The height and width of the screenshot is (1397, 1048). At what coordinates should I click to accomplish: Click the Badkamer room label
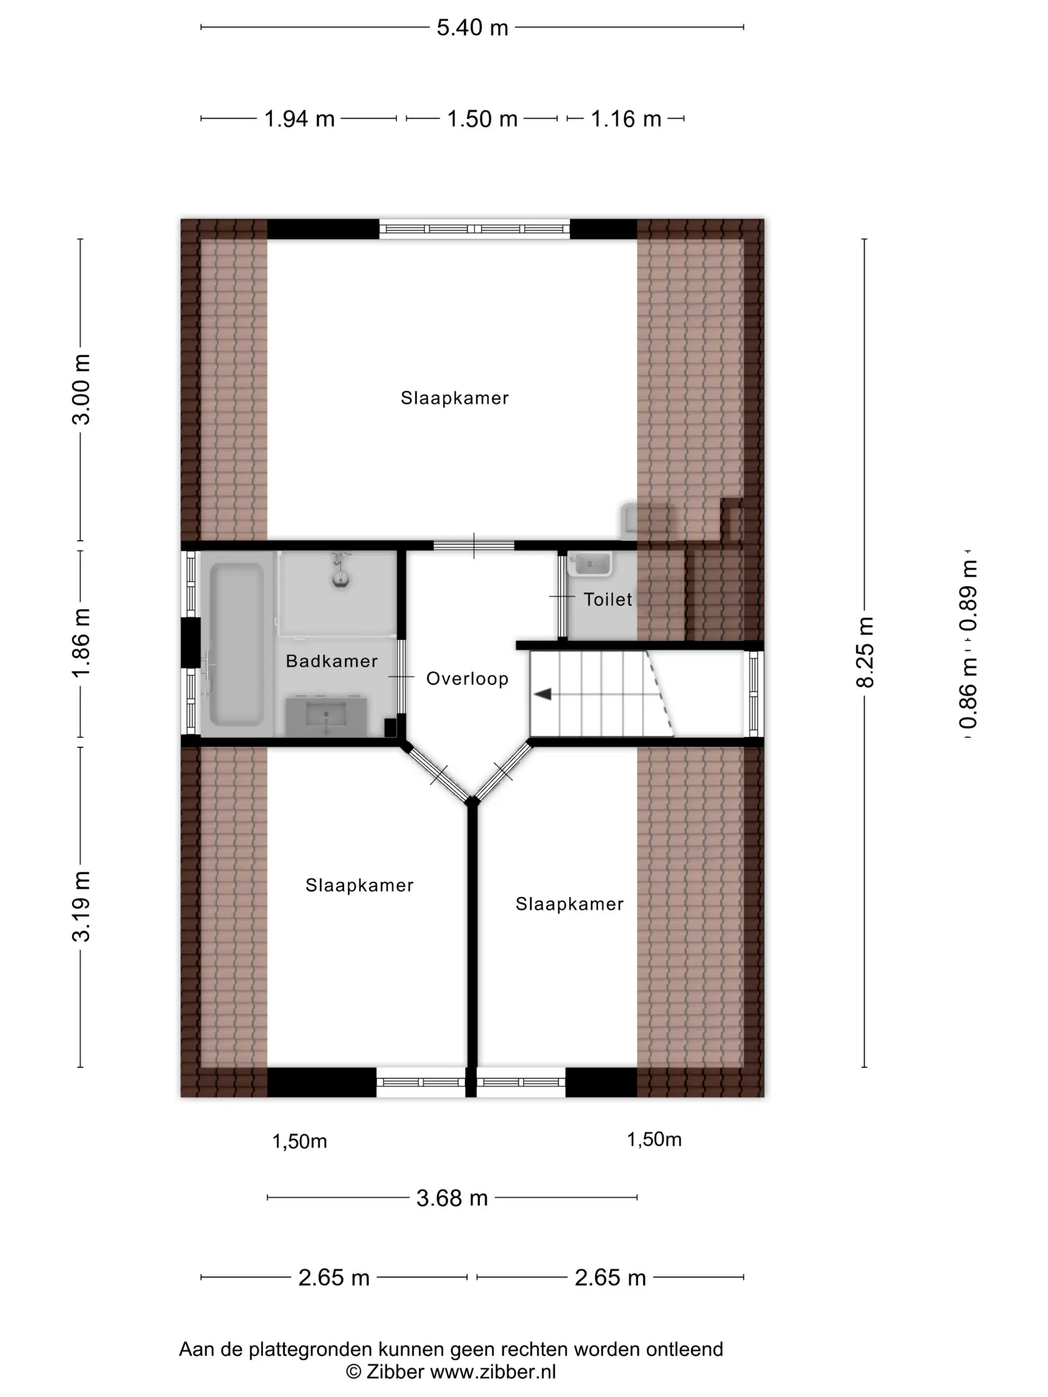click(x=332, y=661)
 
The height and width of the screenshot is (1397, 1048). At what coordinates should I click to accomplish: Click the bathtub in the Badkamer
click(x=237, y=644)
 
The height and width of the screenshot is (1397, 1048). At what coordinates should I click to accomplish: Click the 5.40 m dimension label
click(x=473, y=28)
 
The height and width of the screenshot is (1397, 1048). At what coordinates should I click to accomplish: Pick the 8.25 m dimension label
click(x=865, y=653)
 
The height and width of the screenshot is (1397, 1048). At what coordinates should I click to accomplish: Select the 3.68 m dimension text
click(x=452, y=1198)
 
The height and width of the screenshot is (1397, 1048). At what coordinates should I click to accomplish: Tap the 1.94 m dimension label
click(x=299, y=119)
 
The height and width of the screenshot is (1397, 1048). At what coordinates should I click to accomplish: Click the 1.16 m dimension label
click(x=626, y=119)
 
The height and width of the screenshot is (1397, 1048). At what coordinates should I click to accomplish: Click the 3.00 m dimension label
click(x=81, y=390)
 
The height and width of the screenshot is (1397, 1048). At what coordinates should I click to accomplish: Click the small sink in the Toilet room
click(x=590, y=563)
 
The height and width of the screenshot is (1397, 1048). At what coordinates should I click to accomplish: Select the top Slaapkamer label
click(x=455, y=398)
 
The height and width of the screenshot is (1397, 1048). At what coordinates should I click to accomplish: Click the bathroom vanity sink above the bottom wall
click(x=326, y=716)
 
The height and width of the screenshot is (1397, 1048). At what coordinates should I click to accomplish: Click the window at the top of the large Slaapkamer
click(x=475, y=229)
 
